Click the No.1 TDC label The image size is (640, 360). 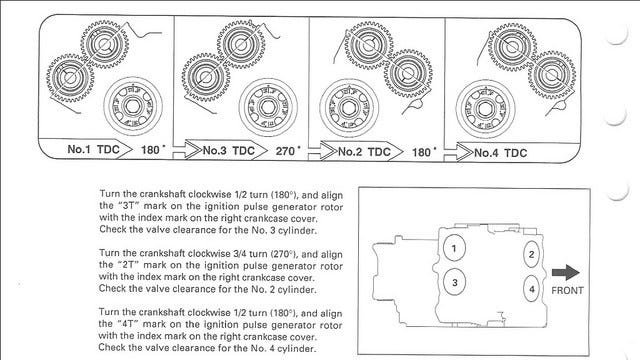(93, 149)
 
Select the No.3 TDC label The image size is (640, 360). (229, 151)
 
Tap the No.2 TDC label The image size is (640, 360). (364, 152)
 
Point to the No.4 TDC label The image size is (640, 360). (500, 153)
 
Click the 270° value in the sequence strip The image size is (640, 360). (288, 151)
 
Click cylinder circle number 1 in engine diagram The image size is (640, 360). (454, 248)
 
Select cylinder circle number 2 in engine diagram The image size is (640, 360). (531, 254)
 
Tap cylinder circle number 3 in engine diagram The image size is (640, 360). (454, 282)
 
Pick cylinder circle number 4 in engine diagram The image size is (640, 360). (531, 289)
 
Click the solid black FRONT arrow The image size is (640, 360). (565, 273)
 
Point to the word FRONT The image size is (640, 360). (567, 291)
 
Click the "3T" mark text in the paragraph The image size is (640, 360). (129, 206)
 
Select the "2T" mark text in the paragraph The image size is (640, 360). (129, 265)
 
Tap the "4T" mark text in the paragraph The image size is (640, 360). (128, 324)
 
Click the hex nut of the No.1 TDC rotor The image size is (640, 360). (132, 106)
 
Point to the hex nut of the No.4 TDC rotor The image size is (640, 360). (485, 109)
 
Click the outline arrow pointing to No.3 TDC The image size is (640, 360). (187, 149)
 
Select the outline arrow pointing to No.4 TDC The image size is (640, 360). (459, 152)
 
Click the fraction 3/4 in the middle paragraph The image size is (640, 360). (238, 254)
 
